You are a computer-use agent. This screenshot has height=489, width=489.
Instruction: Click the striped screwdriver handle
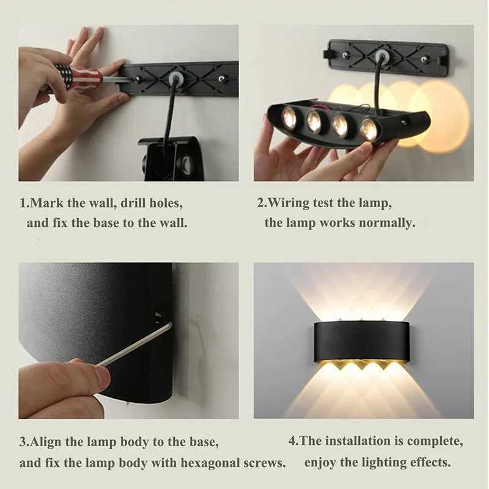(76, 76)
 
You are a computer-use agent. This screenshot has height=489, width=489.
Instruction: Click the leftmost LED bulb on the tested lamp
(289, 117)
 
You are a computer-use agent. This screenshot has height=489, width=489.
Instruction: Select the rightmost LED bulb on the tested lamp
(368, 129)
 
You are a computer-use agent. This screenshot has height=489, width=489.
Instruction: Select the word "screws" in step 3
(265, 463)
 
